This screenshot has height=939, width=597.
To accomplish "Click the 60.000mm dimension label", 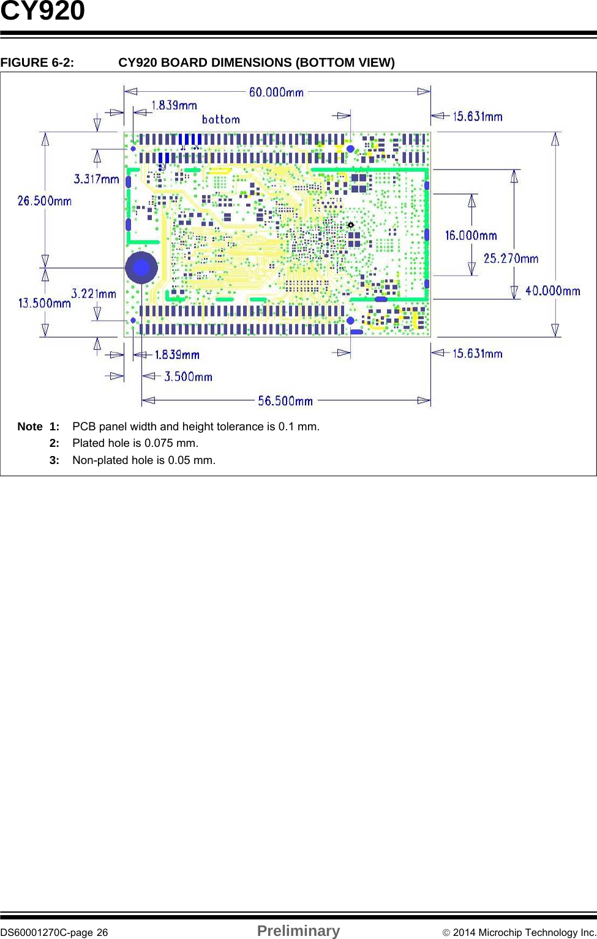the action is click(276, 92).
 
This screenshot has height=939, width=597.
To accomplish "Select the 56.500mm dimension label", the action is click(285, 401).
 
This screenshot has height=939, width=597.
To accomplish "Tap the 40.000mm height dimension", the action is click(553, 291).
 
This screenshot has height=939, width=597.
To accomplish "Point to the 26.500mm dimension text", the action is click(44, 201).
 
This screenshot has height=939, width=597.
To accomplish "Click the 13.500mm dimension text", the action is click(44, 303).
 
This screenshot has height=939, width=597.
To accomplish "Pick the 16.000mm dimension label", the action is click(471, 236).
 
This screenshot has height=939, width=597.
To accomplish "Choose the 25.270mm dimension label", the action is click(511, 258).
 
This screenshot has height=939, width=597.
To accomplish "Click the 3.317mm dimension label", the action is click(96, 179).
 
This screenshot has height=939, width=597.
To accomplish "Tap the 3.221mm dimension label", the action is click(94, 294).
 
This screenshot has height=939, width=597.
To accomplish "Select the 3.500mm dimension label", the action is click(188, 376).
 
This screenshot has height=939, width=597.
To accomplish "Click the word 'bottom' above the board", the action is click(221, 119).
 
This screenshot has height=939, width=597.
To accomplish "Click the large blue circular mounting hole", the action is click(141, 267).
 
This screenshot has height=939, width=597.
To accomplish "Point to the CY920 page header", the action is click(43, 12).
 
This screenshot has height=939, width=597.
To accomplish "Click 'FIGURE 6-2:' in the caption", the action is click(37, 62).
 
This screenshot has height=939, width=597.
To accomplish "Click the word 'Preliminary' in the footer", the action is click(298, 931).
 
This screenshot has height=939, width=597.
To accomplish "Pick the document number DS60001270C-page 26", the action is click(54, 932).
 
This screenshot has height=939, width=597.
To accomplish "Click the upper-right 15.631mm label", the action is click(478, 116).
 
